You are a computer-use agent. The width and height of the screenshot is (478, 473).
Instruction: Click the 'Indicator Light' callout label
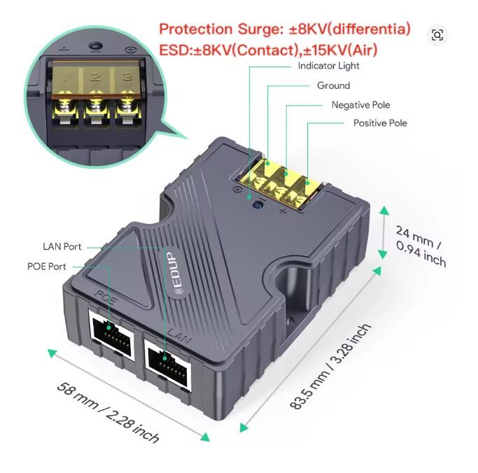tap(328, 66)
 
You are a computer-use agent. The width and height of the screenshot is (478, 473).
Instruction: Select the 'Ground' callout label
tap(334, 85)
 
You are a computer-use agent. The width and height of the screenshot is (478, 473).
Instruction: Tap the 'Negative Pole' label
tap(360, 105)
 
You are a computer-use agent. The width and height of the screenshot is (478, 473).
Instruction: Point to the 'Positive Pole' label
tap(380, 123)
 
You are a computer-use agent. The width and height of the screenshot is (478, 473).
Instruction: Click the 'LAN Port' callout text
tap(62, 246)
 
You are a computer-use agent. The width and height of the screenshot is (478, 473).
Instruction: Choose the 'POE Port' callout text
tap(47, 267)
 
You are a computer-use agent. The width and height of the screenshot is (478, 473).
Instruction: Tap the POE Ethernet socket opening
tap(111, 334)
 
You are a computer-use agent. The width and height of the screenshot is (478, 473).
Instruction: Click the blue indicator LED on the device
tap(259, 204)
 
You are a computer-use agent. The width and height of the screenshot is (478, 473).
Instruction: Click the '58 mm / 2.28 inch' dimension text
tap(108, 412)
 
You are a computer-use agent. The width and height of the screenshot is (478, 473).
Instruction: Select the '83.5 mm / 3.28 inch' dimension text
tap(330, 367)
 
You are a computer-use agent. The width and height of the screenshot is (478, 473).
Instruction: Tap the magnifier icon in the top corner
tap(437, 35)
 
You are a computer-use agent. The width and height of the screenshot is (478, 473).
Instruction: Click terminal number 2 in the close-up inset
tap(96, 76)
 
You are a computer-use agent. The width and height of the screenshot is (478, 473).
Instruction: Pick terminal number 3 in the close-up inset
tap(127, 76)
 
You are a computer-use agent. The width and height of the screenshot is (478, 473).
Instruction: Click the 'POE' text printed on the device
tap(106, 297)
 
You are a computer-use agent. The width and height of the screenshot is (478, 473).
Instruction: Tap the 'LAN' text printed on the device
tap(180, 336)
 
